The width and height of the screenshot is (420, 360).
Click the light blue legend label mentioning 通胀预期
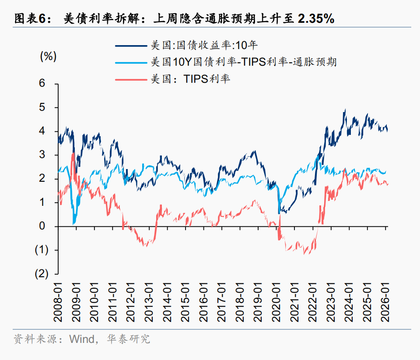pos(243,62)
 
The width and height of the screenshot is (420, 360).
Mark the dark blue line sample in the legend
pos(132,45)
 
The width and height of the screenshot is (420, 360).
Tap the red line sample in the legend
pos(132,79)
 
